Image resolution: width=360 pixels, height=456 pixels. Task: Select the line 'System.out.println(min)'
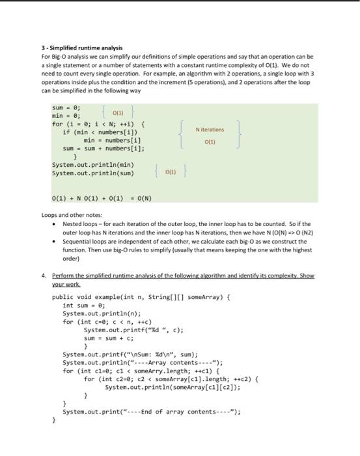(92, 165)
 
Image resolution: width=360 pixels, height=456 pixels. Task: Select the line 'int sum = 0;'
(84, 305)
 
